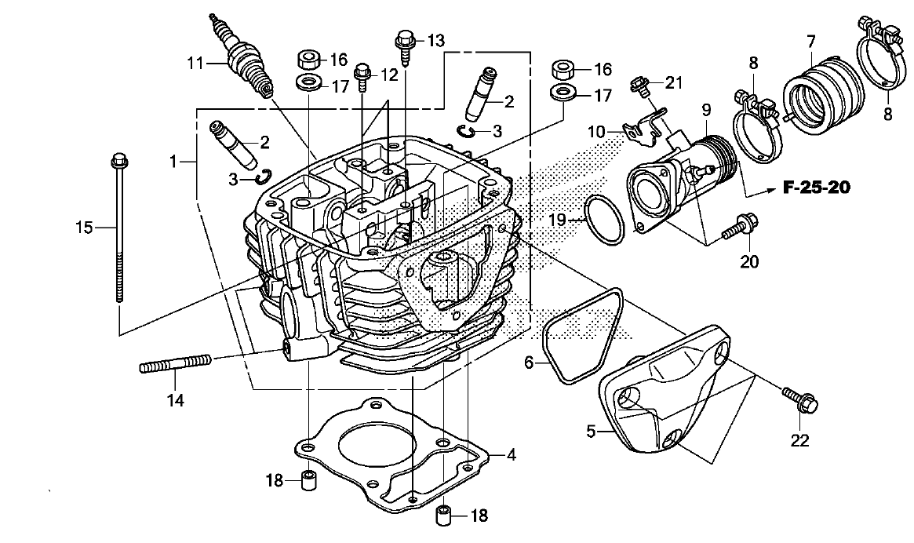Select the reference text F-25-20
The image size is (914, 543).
point(816,188)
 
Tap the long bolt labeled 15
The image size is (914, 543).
point(119,228)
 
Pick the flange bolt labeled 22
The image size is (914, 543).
point(801,400)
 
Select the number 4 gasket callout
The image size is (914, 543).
point(510,454)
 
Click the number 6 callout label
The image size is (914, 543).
point(529,362)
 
